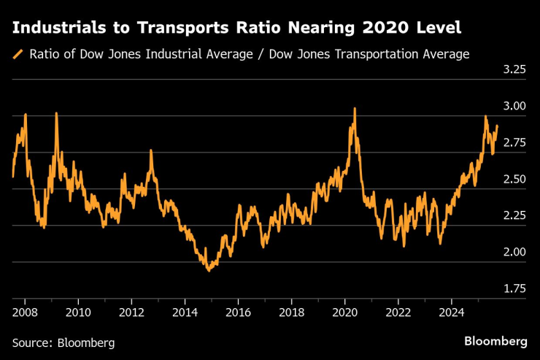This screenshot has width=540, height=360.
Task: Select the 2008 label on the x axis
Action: pos(26,313)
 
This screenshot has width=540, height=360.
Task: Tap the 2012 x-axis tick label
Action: pos(131,313)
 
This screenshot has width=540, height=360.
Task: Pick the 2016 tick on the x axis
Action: pos(239,313)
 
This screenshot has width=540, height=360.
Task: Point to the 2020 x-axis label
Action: pos(345,313)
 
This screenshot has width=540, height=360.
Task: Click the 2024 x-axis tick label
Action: pos(452,313)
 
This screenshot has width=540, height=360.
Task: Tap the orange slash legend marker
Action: pos(17,54)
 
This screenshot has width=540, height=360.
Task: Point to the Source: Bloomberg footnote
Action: pos(63,342)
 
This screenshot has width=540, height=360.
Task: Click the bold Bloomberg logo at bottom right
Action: pos(495,341)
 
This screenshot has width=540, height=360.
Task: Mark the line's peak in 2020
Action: pos(355,109)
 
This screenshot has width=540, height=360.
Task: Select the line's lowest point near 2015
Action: pos(209,270)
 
